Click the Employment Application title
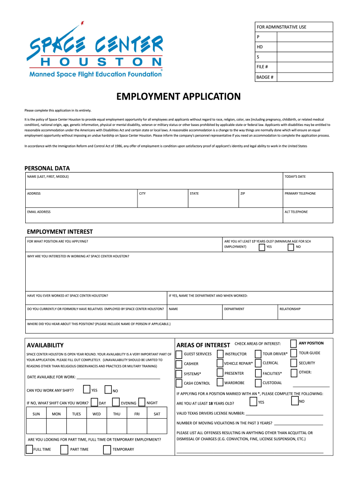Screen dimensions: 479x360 [x=179, y=97]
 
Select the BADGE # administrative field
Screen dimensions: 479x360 [x=293, y=77]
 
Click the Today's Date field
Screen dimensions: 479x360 [x=307, y=180]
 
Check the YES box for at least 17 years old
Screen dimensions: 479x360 [x=262, y=247]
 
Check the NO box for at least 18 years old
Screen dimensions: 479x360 [x=294, y=401]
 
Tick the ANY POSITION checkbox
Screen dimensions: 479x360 [x=294, y=344]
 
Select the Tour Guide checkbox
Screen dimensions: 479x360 [x=294, y=353]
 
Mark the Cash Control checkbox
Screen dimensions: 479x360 [x=179, y=383]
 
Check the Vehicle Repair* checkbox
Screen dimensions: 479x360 [x=220, y=363]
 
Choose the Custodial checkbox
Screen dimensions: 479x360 [x=258, y=383]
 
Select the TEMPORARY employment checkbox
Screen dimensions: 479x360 [x=107, y=450]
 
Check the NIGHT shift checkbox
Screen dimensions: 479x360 [x=142, y=402]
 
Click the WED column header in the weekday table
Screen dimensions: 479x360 [x=96, y=414]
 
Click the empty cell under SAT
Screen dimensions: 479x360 [x=157, y=426]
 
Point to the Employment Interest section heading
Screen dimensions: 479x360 [x=60, y=232]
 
